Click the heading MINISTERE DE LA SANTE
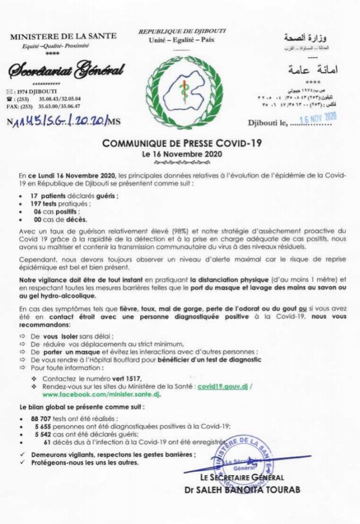click(x=63, y=36)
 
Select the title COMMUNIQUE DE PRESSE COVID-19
click(x=181, y=142)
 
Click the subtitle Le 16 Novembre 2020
click(x=181, y=154)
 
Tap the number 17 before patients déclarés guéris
click(x=35, y=195)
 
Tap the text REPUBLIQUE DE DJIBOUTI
click(x=182, y=32)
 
